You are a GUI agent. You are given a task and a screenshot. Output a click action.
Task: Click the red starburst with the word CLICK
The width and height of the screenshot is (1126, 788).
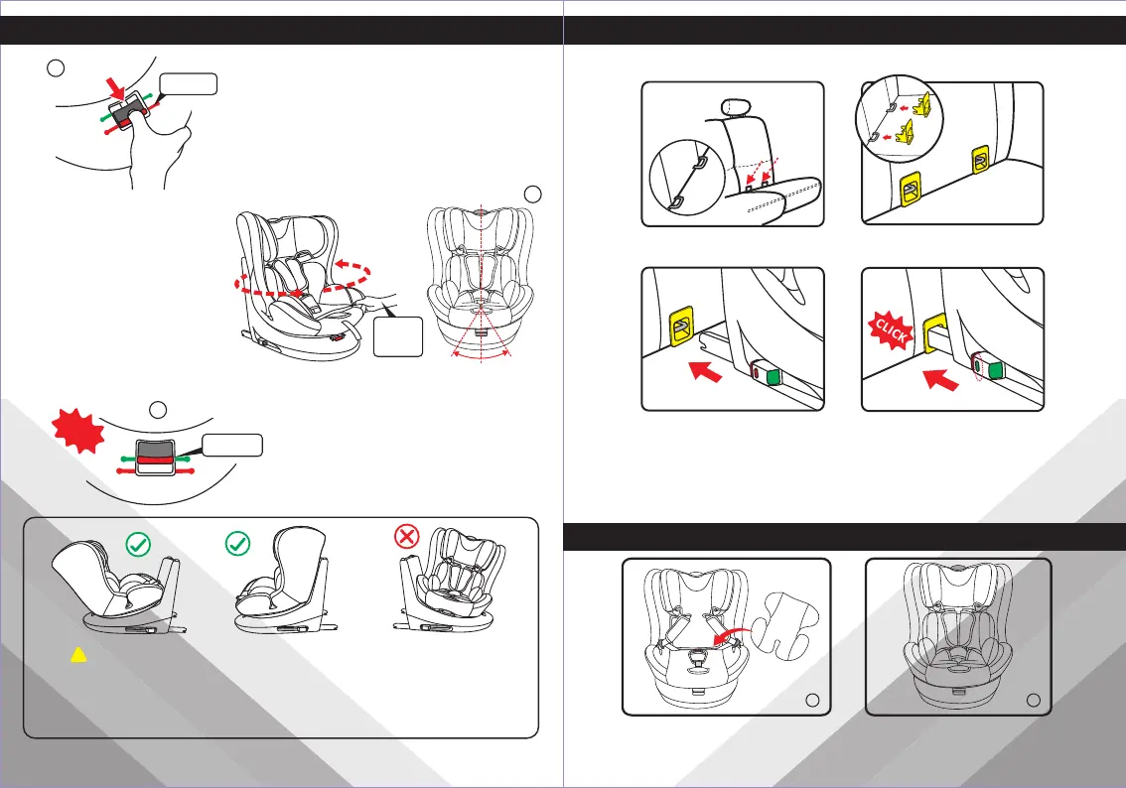pos(892,330)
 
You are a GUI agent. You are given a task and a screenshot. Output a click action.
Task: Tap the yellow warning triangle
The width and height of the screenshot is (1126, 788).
pos(78,654)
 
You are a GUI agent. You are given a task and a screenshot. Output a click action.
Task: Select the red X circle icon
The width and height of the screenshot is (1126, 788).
pos(407,536)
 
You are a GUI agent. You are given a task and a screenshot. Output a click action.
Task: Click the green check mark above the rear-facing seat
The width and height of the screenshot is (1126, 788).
pos(138,545)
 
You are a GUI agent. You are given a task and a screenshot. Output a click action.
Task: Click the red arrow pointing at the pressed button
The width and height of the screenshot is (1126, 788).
pos(116,89)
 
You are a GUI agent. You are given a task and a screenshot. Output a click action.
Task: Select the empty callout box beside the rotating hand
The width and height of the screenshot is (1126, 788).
pos(398,336)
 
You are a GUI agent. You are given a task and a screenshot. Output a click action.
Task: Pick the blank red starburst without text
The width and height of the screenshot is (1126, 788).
pos(78,429)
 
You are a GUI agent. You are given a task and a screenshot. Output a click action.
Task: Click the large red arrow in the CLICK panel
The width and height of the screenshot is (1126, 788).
pos(940,377)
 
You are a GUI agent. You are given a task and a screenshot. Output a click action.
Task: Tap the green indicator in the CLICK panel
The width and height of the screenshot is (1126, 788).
pos(995,369)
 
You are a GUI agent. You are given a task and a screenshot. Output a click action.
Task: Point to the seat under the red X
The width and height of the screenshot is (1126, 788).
pos(450,581)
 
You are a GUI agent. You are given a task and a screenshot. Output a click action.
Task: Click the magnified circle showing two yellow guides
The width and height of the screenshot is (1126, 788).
pos(899,118)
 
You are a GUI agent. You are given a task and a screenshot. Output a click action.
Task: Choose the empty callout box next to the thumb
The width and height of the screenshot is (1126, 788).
pos(188,84)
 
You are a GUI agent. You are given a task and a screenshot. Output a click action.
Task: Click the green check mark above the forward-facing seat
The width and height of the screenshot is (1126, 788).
pos(237,543)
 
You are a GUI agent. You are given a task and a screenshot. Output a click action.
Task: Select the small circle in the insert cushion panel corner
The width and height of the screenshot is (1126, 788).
pos(812,701)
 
